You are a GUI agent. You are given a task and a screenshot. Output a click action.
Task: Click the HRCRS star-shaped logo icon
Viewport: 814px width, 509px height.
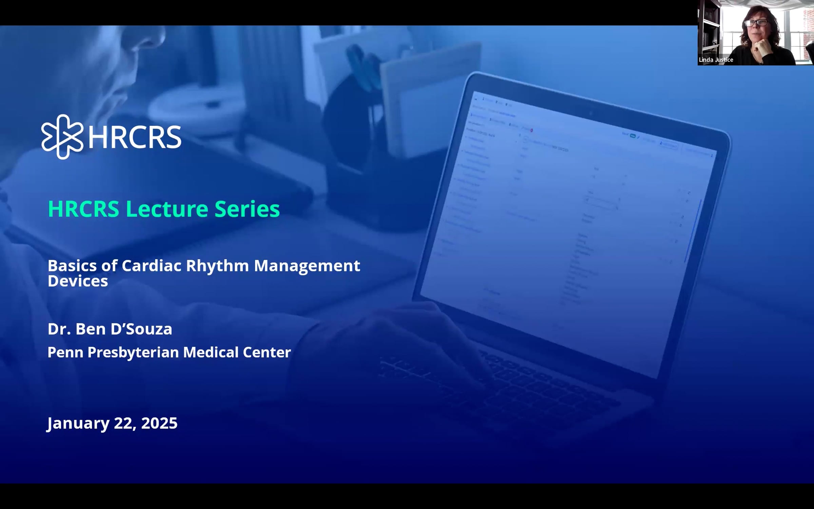click(x=62, y=137)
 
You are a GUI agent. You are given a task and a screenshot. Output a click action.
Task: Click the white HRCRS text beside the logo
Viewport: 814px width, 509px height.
click(x=135, y=137)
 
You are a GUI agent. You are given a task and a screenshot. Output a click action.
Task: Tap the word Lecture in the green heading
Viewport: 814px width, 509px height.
click(x=167, y=209)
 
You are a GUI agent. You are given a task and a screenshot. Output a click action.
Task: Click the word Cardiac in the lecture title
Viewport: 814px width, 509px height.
click(x=151, y=266)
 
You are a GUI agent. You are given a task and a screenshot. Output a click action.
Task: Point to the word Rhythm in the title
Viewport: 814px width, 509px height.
click(x=217, y=266)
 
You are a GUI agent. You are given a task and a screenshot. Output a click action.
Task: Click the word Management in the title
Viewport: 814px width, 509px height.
click(x=307, y=266)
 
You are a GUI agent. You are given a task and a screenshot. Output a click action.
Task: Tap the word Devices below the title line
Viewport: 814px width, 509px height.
click(x=78, y=281)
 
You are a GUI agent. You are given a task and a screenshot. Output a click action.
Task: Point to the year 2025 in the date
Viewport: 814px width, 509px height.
click(x=159, y=423)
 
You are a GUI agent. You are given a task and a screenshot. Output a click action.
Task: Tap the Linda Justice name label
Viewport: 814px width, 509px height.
click(x=716, y=60)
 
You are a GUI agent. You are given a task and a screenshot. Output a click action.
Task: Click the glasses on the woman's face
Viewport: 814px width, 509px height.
click(x=756, y=23)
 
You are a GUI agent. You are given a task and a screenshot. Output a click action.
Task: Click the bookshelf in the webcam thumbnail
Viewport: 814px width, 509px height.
click(x=709, y=31)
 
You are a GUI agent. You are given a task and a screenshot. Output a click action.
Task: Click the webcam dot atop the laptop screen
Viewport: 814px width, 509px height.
click(x=590, y=113)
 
